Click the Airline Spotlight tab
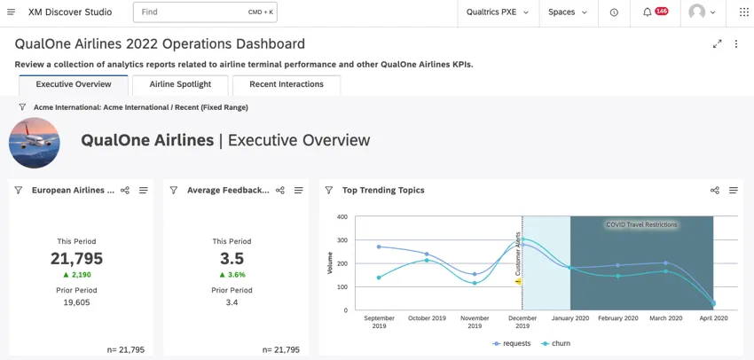tap(180, 85)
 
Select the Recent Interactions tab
tap(287, 85)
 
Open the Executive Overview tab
tap(74, 85)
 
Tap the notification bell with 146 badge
tap(654, 12)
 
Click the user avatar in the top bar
tap(701, 12)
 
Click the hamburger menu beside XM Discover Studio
tap(11, 12)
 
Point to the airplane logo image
tap(35, 142)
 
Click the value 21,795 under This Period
tap(76, 259)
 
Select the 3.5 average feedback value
tap(231, 259)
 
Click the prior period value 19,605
tap(76, 302)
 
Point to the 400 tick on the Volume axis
tap(342, 216)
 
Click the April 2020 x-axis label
tap(713, 317)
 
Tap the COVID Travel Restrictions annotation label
tap(641, 225)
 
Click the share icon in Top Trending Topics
tap(715, 191)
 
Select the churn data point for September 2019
tap(379, 278)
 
